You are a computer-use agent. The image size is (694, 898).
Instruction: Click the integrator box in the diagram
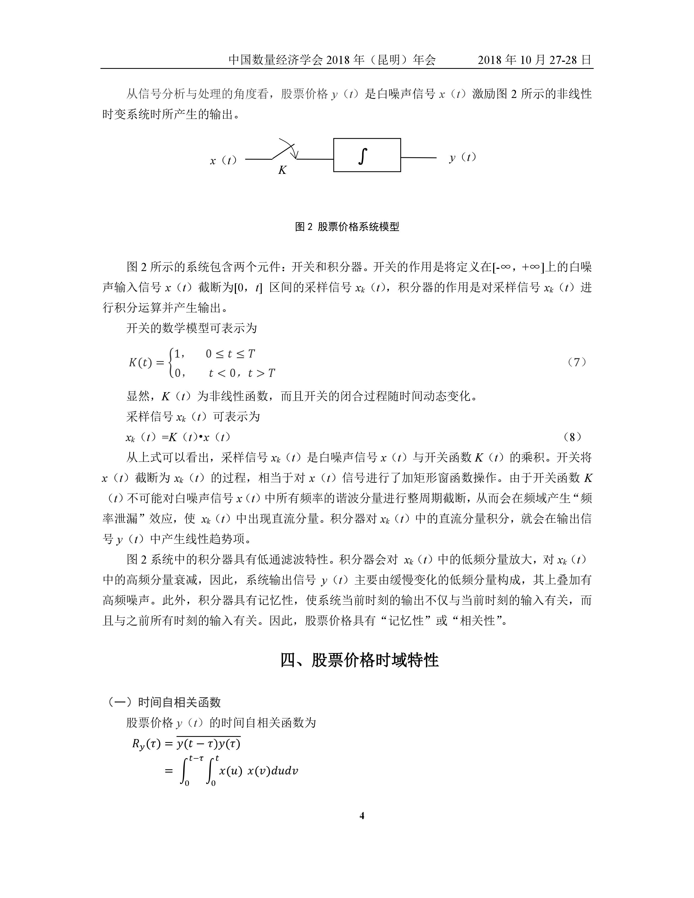(367, 155)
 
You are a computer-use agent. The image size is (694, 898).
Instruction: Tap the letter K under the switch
(282, 170)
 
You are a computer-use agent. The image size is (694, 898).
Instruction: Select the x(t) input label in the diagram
(223, 160)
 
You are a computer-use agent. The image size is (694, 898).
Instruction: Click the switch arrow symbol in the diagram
(288, 150)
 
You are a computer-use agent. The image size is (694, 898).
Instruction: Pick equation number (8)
(572, 437)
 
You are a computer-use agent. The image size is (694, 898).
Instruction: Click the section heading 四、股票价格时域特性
(359, 660)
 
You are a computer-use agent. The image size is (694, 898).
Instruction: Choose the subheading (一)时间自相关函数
(163, 702)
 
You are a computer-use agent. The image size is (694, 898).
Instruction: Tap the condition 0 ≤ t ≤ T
(230, 353)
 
